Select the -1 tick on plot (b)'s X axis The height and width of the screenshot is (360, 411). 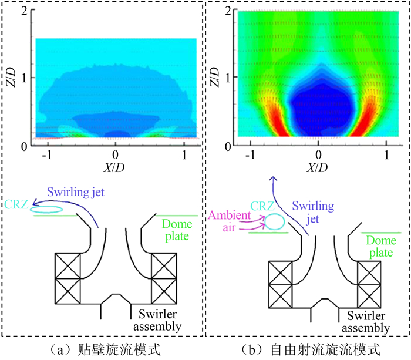[251, 155]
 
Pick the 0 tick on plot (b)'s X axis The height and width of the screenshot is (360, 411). [318, 155]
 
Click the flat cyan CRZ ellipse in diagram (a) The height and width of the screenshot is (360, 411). [48, 208]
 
